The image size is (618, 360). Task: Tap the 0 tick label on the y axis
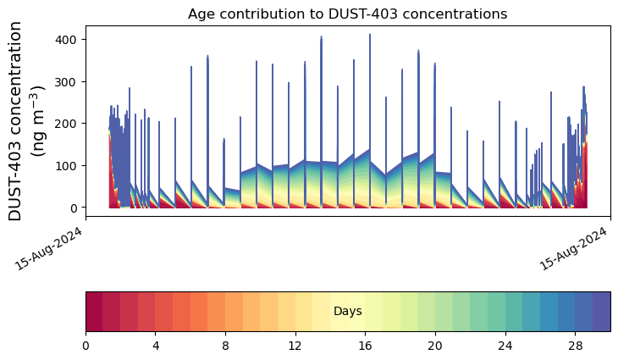click(x=73, y=208)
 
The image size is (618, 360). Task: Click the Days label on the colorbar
click(x=348, y=312)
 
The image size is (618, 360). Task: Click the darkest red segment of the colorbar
click(x=94, y=312)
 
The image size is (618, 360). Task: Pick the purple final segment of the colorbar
click(x=602, y=312)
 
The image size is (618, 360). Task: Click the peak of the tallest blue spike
click(x=369, y=35)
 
